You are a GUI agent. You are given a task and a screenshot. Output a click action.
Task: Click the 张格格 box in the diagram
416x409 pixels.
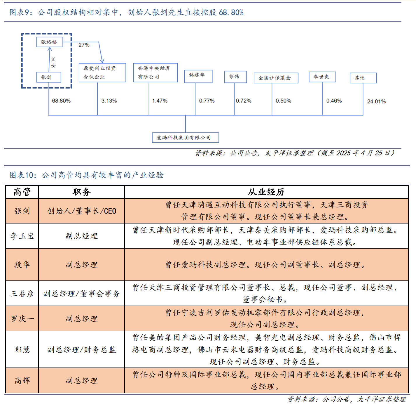pyautogui.click(x=50, y=42)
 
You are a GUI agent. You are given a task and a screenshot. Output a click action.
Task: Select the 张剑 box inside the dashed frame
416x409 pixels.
pyautogui.click(x=49, y=77)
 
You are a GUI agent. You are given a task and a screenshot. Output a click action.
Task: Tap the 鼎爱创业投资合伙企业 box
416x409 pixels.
pyautogui.click(x=102, y=72)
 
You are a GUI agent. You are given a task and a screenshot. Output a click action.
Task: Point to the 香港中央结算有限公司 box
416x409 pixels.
pyautogui.click(x=155, y=72)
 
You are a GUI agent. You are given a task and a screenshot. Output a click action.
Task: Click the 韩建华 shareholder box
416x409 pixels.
pyautogui.click(x=198, y=76)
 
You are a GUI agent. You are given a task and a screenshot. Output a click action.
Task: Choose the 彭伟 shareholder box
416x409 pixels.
pyautogui.click(x=235, y=77)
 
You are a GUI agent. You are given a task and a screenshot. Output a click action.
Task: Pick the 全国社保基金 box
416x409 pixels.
pyautogui.click(x=276, y=78)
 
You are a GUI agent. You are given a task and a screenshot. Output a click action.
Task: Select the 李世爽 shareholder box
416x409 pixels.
pyautogui.click(x=322, y=77)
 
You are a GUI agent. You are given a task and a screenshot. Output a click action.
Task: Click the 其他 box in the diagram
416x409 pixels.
pyautogui.click(x=363, y=78)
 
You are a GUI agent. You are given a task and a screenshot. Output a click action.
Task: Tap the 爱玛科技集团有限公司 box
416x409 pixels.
pyautogui.click(x=185, y=138)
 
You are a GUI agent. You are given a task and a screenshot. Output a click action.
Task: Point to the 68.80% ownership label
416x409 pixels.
pyautogui.click(x=61, y=101)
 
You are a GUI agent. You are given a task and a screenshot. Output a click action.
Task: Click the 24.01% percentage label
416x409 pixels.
pyautogui.click(x=376, y=101)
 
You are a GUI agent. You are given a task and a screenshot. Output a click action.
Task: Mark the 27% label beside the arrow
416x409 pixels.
pyautogui.click(x=84, y=45)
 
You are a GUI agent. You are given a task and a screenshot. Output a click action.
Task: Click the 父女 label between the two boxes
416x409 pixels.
pyautogui.click(x=53, y=62)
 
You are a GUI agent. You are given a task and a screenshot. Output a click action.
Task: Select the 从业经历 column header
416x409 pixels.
pyautogui.click(x=266, y=192)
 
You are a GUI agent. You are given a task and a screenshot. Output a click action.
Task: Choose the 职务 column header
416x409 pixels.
pyautogui.click(x=81, y=192)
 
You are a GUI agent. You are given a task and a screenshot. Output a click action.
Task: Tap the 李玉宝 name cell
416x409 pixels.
pyautogui.click(x=22, y=236)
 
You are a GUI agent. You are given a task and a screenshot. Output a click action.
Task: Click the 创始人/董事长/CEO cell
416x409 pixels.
pyautogui.click(x=81, y=211)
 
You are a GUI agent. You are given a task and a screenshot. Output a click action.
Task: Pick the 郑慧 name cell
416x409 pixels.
pyautogui.click(x=22, y=349)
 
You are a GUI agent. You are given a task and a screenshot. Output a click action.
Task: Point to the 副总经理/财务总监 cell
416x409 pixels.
pyautogui.click(x=81, y=349)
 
